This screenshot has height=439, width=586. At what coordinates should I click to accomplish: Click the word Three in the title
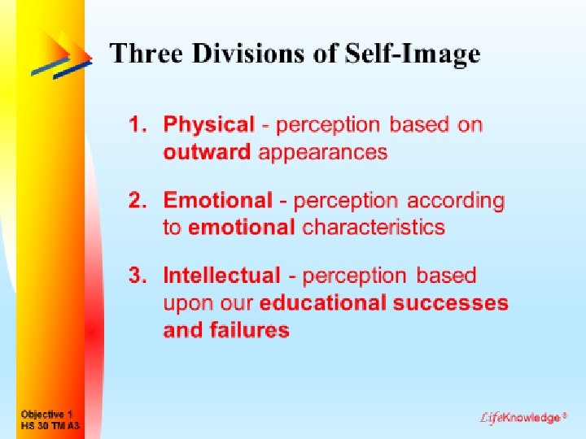142,54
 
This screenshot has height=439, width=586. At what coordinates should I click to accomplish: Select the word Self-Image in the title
413,54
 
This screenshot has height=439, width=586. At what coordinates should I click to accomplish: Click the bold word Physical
209,125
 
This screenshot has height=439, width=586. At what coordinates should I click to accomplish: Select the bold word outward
207,152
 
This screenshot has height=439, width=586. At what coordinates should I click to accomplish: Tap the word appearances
323,152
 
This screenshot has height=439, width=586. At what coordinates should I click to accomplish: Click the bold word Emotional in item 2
218,200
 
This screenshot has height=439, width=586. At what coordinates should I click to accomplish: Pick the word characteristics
374,227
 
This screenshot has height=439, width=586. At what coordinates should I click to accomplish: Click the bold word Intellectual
221,276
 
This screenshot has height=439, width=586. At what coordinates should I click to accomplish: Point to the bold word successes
451,303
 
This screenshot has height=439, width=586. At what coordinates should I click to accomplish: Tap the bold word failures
249,330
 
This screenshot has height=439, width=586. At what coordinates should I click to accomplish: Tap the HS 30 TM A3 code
50,425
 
